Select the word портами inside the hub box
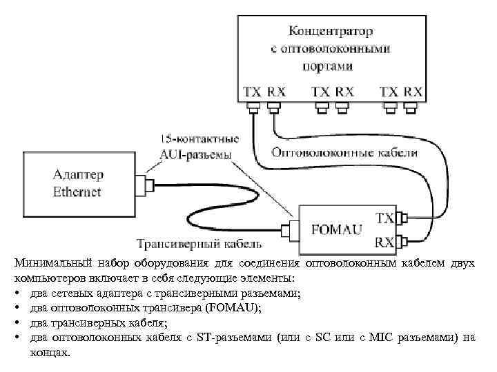pos(327,66)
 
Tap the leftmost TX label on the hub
pos(252,91)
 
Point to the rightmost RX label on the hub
pos(412,91)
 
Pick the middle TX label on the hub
pos(320,91)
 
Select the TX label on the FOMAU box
pos(384,218)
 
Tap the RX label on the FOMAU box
pos(384,241)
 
